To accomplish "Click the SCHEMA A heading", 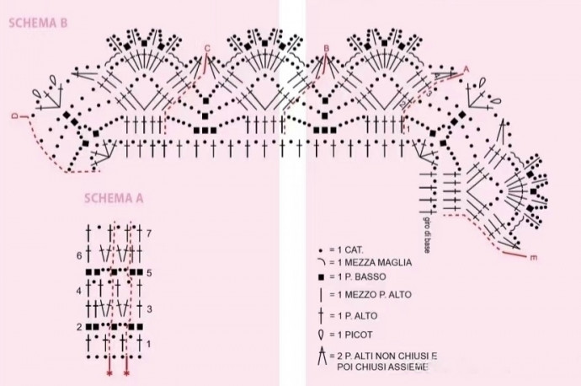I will click(114, 199).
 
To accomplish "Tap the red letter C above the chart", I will click(207, 48).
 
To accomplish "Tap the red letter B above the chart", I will click(326, 48).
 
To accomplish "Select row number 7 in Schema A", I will click(148, 232).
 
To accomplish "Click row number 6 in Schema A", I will click(78, 254).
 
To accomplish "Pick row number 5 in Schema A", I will click(148, 273).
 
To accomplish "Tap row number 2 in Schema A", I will click(78, 326).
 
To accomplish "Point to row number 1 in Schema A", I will click(148, 344).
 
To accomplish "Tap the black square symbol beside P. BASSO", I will click(321, 278).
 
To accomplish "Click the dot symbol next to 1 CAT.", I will click(321, 250).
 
